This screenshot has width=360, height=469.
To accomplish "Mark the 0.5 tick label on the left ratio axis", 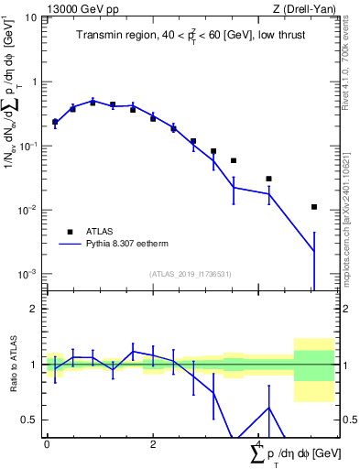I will point(29,420).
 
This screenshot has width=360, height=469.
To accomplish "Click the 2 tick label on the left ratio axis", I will point(34,309).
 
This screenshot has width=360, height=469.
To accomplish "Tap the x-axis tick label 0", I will point(47,443).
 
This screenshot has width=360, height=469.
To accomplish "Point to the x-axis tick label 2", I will point(153,443).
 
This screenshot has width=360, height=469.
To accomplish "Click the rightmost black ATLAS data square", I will point(314,207).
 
